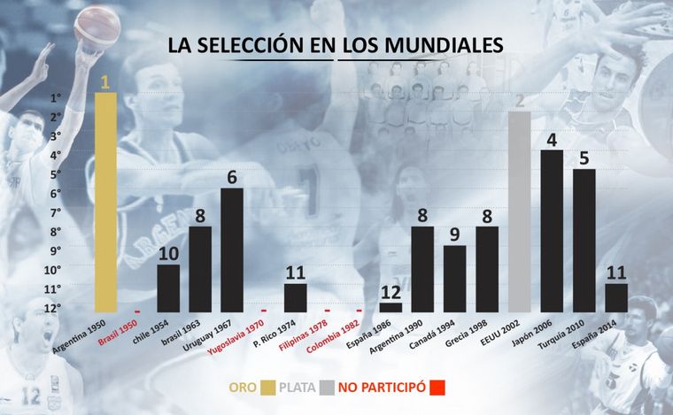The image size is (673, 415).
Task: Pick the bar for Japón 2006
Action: [x=551, y=230]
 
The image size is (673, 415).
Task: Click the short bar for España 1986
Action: [x=391, y=307]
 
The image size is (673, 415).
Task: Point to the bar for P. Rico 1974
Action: [x=296, y=297]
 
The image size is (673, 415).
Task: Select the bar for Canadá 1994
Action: [x=454, y=278]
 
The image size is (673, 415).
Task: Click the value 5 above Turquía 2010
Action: [x=584, y=158]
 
